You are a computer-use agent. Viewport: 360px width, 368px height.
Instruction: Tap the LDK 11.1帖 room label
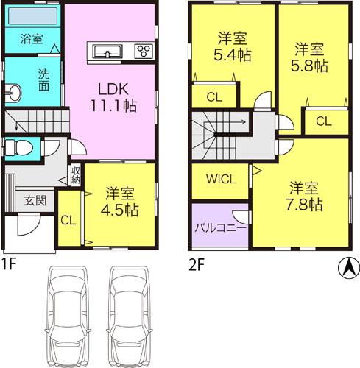coord(112,97)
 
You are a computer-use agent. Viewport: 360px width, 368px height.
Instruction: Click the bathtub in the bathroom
coord(33,15)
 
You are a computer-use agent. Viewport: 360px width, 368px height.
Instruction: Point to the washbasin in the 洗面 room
coord(13,91)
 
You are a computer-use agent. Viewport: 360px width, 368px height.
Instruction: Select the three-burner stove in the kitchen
coord(144,51)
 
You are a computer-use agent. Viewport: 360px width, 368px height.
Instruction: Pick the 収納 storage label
coord(75,175)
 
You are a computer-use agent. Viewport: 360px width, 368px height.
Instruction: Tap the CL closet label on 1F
coord(67,219)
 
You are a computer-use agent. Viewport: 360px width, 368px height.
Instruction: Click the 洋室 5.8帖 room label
coord(311,57)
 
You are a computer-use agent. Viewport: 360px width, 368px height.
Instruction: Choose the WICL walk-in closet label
coord(219,179)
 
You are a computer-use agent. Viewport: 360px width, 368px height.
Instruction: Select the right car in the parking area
coord(131,314)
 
